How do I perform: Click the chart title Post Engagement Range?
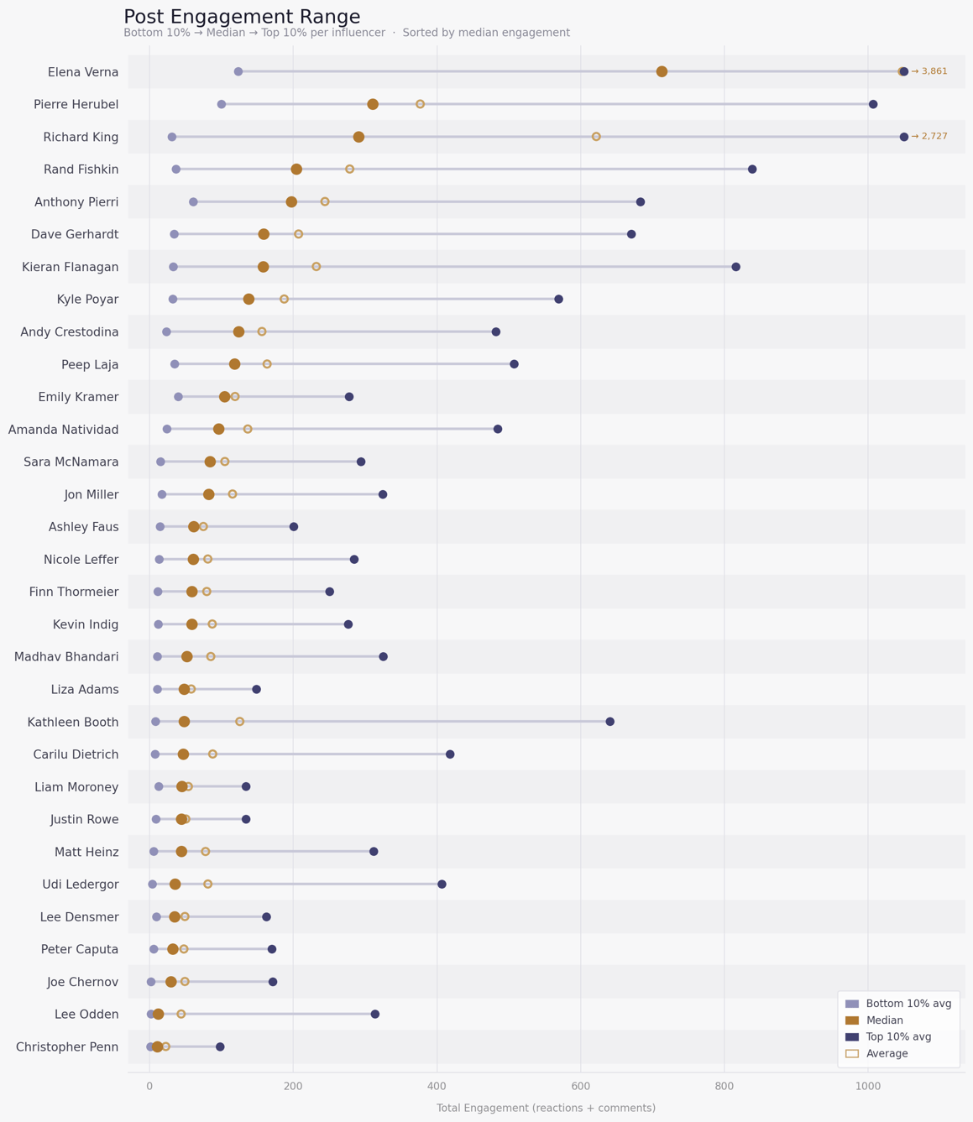coord(242,17)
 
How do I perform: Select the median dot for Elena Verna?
coord(662,71)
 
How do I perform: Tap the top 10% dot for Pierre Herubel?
coord(873,104)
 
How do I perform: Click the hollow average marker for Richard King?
coord(596,137)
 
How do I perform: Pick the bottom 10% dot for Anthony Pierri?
coord(193,202)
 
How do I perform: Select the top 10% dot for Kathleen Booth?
coord(610,722)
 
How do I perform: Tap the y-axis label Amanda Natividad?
coord(64,430)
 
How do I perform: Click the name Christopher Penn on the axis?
coord(67,1046)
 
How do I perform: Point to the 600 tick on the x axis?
coord(580,1086)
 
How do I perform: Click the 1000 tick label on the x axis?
coord(868,1086)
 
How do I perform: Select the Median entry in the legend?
coord(884,1020)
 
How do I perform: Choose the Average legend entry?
coord(887,1053)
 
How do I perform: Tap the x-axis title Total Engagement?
coord(546,1108)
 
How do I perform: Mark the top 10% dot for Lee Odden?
coord(375,1014)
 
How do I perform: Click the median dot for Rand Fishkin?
coord(296,170)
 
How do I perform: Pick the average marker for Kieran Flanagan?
coord(316,267)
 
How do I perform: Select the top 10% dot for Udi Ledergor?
coord(442,884)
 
